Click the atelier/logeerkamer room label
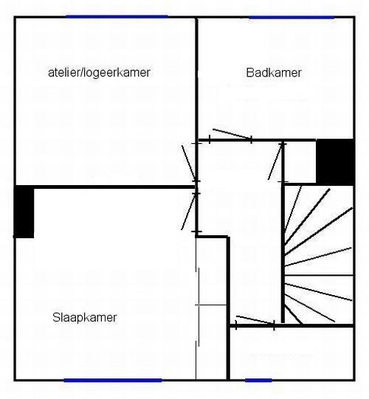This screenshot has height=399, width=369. (99, 72)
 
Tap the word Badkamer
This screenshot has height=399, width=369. (274, 72)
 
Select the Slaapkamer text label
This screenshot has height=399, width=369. (85, 318)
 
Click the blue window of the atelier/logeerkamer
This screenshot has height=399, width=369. (117, 17)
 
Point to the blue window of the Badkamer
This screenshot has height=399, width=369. (292, 17)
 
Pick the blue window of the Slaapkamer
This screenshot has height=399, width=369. (113, 380)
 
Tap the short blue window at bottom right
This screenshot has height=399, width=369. (258, 380)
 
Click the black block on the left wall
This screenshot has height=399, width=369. (24, 212)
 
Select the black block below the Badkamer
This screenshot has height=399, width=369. (335, 162)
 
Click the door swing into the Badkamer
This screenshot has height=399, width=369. (232, 133)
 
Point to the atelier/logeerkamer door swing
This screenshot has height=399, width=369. (189, 163)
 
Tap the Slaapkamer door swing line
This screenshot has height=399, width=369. (188, 212)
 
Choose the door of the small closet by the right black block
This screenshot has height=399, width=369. (275, 162)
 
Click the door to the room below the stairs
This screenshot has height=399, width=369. (255, 320)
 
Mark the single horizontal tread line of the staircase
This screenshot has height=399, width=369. (319, 275)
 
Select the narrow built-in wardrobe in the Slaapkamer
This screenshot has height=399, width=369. (211, 308)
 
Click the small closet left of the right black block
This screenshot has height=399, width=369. (300, 162)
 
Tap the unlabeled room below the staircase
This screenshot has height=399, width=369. (292, 353)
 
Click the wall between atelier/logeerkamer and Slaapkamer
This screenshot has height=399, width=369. (114, 187)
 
